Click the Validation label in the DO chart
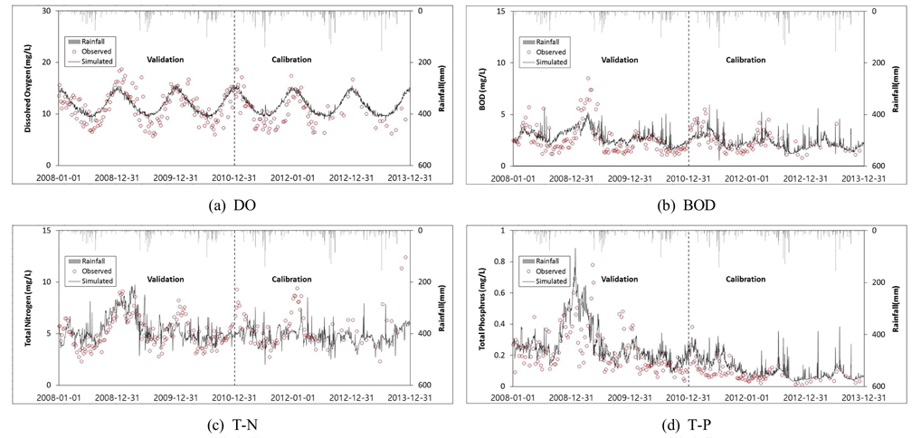pyautogui.click(x=166, y=60)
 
